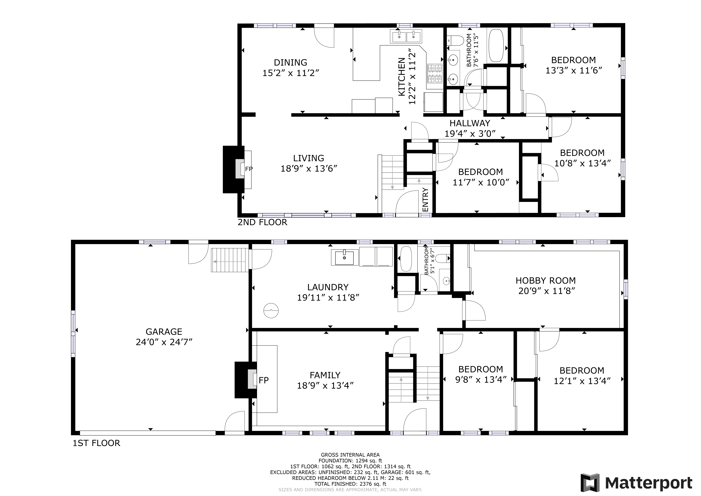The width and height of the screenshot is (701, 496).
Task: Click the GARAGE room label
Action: coord(164,332)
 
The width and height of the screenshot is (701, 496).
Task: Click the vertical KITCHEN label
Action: coord(402,77)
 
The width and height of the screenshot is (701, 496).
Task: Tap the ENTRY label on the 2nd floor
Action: coord(425,200)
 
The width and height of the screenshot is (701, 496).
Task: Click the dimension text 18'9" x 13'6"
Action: coord(309,168)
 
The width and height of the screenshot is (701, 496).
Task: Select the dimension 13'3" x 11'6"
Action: coord(574,70)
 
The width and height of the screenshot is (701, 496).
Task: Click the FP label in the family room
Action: coord(264,380)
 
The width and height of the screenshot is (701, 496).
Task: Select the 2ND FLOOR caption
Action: coord(263,222)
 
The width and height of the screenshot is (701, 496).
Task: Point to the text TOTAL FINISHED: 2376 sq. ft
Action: coord(350,484)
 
